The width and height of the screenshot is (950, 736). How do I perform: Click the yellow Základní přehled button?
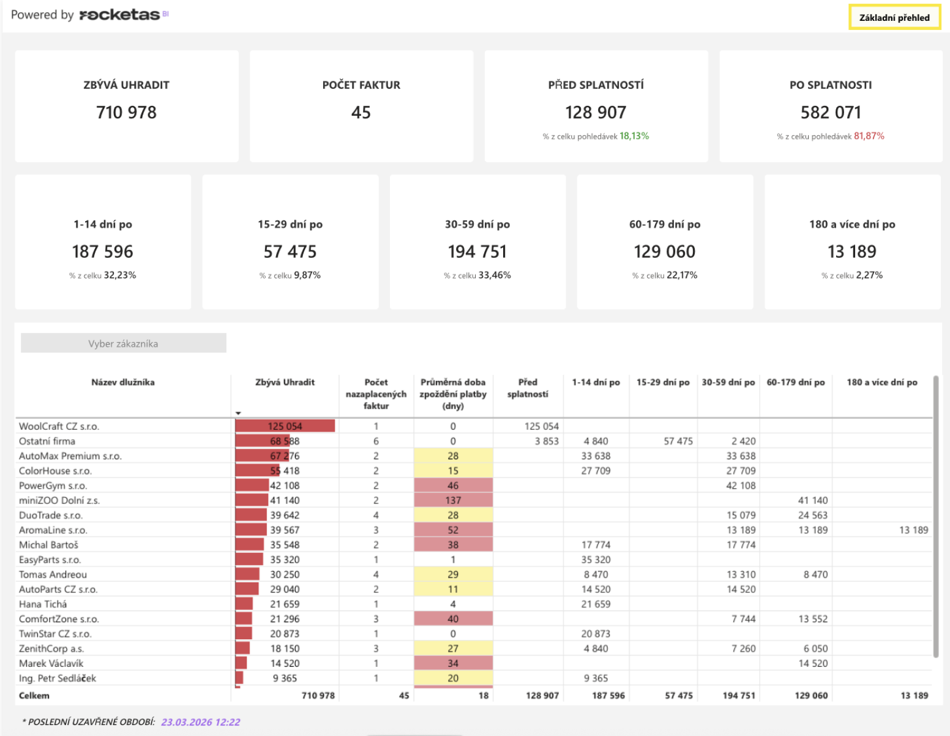click(x=894, y=18)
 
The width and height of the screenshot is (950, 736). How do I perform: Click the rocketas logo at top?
click(x=120, y=15)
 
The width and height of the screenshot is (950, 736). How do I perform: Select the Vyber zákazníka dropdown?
click(x=124, y=344)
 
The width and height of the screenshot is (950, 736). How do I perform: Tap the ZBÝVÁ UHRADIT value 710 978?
click(x=126, y=113)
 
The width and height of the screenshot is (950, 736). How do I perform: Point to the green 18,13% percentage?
click(x=634, y=136)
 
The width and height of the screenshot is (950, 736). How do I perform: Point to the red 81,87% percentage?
click(x=869, y=136)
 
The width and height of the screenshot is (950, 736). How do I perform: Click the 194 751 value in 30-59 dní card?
click(x=477, y=252)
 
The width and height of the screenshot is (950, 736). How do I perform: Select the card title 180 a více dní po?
click(x=852, y=224)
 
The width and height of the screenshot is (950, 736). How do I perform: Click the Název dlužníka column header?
click(x=123, y=382)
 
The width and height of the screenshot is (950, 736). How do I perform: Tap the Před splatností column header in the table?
click(x=528, y=388)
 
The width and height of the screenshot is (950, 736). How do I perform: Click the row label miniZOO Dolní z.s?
click(x=59, y=500)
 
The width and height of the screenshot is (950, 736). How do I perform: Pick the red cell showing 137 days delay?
click(x=453, y=500)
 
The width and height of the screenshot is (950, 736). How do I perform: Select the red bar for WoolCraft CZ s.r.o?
click(x=285, y=426)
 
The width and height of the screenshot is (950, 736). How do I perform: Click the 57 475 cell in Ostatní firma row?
click(x=678, y=441)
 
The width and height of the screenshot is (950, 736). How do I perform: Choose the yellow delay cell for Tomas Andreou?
click(x=453, y=574)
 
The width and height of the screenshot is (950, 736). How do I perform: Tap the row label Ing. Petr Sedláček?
click(x=58, y=678)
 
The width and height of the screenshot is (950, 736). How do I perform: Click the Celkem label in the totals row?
click(x=34, y=696)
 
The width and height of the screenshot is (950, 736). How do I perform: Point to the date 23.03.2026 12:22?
click(x=201, y=722)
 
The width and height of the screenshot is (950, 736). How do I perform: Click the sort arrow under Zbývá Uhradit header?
click(x=238, y=413)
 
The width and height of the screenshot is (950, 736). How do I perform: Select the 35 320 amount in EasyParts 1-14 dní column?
click(x=596, y=560)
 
